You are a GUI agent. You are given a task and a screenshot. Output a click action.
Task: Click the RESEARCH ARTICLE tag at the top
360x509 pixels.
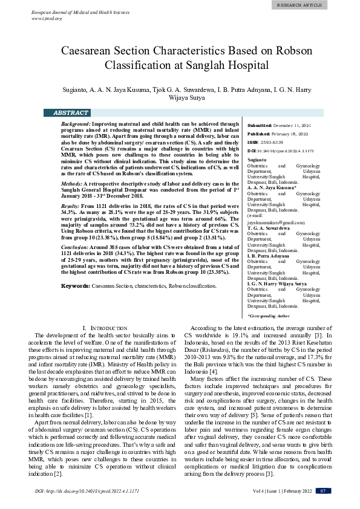[325, 5]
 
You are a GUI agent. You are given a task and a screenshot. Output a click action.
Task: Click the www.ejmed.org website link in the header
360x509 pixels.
[47, 18]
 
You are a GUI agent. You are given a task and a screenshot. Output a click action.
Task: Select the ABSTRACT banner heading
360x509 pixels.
[71, 113]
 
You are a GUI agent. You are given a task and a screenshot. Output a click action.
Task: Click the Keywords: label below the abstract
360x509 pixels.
[76, 285]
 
